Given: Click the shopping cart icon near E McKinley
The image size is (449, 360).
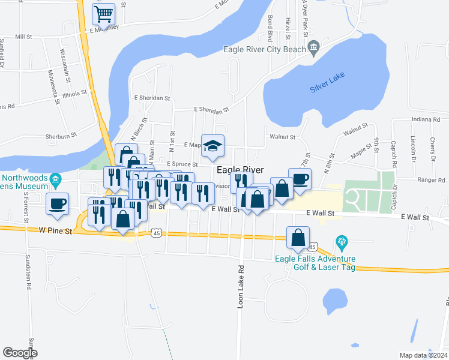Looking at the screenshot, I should tap(104, 14).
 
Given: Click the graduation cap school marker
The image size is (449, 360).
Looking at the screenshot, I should tap(212, 146).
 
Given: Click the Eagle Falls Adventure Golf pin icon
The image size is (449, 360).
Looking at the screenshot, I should tap(342, 243).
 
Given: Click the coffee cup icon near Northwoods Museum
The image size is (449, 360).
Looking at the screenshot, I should tap(58, 203).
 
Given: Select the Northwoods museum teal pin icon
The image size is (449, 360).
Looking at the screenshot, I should tap(56, 179).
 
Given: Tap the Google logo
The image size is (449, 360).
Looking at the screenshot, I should tap(20, 353).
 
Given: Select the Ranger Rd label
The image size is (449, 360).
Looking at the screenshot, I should tap(433, 179).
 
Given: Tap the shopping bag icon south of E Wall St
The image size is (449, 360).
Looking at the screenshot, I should tap(298, 238).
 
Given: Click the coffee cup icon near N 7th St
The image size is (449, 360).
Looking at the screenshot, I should tap(300, 178).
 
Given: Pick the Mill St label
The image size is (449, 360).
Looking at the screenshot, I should tap(23, 37).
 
